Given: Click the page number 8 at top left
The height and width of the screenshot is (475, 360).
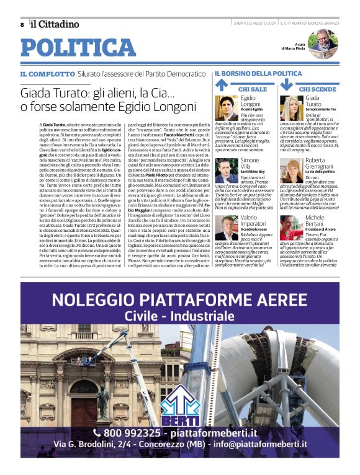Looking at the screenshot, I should (22, 24).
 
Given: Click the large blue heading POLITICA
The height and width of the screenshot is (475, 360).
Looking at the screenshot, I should (78, 48).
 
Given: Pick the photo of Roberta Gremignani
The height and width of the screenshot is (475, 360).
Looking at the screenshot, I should (291, 170).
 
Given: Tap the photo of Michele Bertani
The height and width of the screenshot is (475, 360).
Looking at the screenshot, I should (291, 228).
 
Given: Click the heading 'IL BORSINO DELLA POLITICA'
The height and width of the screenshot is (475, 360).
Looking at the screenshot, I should (258, 74).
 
